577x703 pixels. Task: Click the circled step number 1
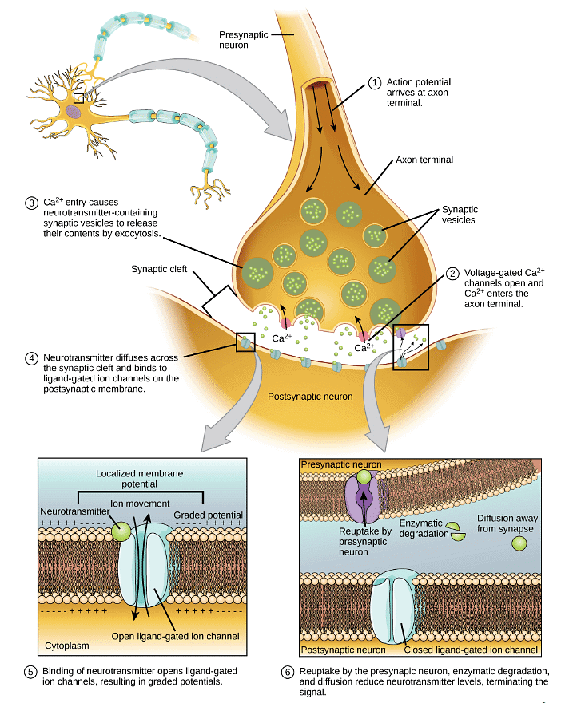coord(374,82)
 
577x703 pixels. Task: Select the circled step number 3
coord(30,203)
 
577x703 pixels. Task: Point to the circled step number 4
coord(30,357)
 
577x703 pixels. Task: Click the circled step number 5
coord(30,671)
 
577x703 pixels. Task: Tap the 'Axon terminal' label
coord(424,160)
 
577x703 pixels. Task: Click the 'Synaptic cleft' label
coord(160,269)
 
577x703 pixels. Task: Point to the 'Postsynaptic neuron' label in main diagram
coord(310,396)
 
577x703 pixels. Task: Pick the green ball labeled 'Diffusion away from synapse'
coord(519,543)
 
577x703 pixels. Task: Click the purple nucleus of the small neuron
coord(74,112)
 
